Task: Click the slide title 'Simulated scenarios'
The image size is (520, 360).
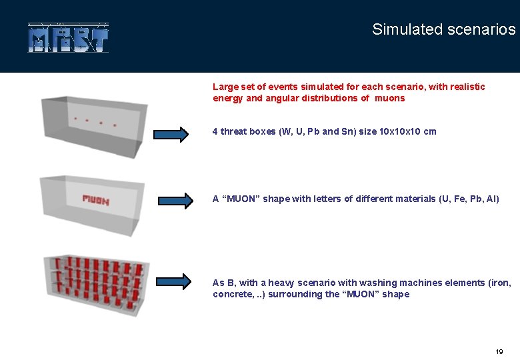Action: click(443, 29)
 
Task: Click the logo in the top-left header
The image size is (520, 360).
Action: click(68, 38)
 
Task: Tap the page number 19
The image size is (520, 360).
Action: click(499, 351)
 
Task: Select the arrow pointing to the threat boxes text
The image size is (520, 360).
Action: click(171, 134)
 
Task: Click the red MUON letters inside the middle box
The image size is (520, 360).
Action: click(95, 199)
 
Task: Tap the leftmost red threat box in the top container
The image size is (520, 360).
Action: click(75, 119)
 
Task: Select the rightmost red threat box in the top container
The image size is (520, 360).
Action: click(115, 125)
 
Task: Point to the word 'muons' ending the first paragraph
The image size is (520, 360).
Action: click(389, 98)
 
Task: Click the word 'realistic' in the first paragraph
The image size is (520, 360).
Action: click(465, 87)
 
